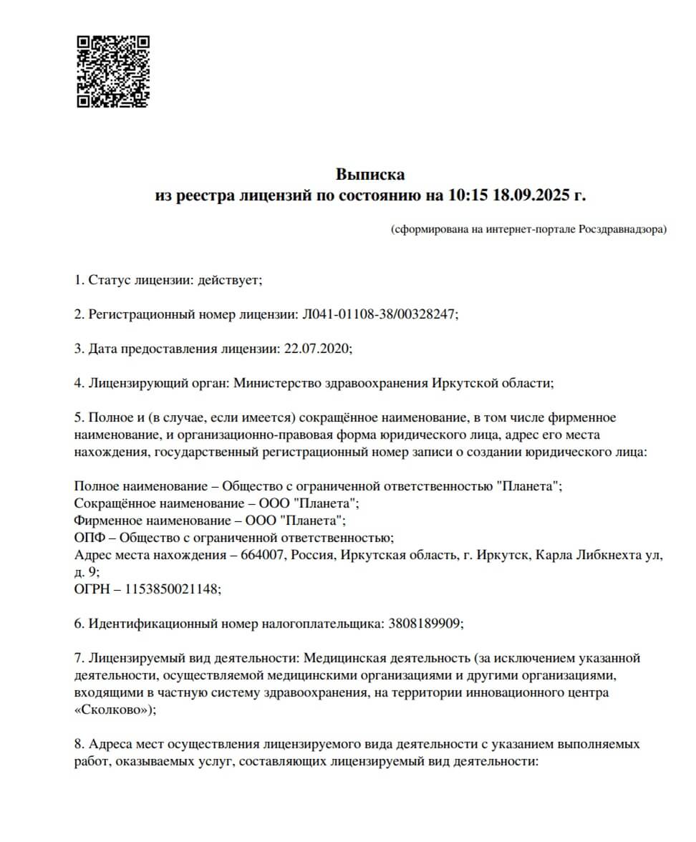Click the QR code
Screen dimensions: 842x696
[x=113, y=72]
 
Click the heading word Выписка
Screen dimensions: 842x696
[x=370, y=174]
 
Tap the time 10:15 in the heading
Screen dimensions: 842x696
[x=466, y=194]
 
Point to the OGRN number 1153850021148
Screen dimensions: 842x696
[x=172, y=589]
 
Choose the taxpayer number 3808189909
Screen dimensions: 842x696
[x=425, y=623]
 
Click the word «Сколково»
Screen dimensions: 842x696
[x=112, y=710]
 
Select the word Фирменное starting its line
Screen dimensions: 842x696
[x=106, y=521]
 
